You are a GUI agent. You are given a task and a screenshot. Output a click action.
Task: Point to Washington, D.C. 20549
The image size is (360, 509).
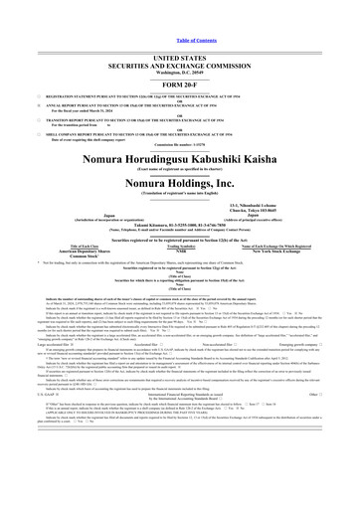coord(179,48)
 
